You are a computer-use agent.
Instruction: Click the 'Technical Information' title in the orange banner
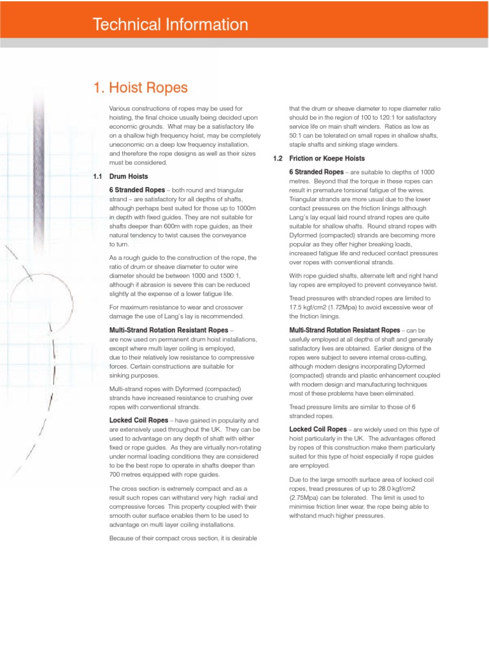170,25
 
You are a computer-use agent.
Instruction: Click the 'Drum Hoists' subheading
128,176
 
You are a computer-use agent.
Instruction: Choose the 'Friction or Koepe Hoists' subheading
327,158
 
